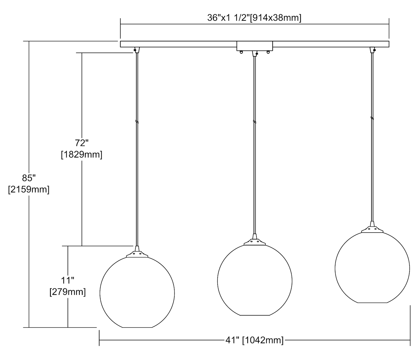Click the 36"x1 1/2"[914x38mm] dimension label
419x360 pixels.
(x=254, y=18)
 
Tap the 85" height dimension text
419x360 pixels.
(x=29, y=178)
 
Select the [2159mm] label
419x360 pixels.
(x=29, y=190)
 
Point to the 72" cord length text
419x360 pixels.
(x=82, y=143)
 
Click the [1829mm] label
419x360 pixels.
(x=82, y=155)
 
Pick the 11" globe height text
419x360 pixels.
(x=68, y=281)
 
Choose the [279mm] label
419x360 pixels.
(x=68, y=292)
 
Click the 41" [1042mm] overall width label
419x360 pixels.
(x=254, y=340)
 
